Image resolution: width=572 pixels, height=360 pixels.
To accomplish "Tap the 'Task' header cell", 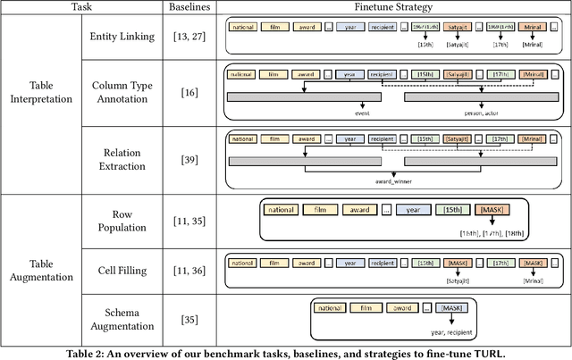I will tap(81, 7).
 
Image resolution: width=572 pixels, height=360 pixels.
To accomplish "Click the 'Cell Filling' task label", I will tap(124, 267).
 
